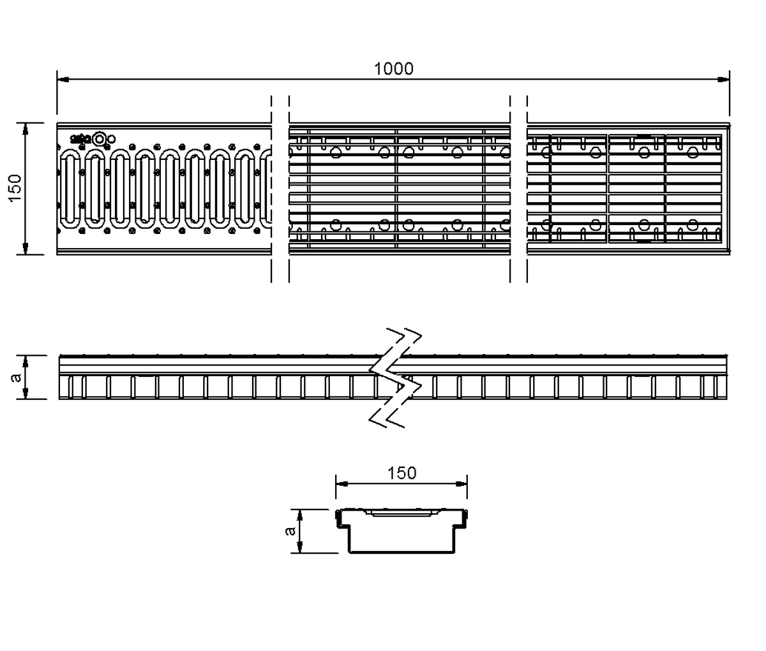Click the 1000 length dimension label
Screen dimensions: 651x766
click(394, 69)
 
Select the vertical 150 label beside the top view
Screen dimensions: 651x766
click(15, 188)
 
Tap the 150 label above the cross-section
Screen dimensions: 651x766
click(402, 472)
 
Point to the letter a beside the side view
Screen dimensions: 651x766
click(17, 377)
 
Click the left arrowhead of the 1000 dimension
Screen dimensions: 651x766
click(63, 80)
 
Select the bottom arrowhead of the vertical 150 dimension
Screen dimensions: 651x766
click(26, 249)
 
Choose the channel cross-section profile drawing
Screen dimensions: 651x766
click(402, 530)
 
